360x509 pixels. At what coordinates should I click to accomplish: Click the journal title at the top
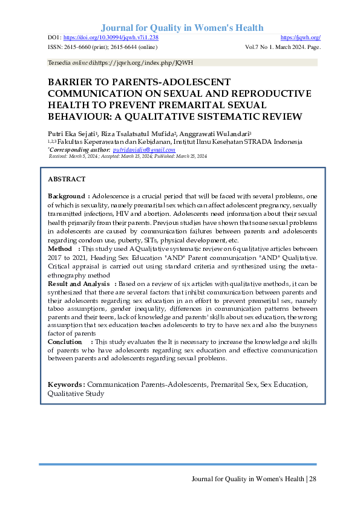[182, 28]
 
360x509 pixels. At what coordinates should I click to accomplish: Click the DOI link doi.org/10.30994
[111, 37]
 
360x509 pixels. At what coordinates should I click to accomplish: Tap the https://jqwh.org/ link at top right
[301, 37]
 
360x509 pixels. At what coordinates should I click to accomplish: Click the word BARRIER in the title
[70, 82]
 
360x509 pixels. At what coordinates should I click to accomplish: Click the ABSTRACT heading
[67, 180]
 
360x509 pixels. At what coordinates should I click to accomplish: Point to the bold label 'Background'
[67, 196]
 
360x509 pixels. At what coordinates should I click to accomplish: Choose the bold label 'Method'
[60, 248]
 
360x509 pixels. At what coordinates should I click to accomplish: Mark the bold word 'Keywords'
[66, 384]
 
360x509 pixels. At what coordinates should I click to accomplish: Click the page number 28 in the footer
[312, 479]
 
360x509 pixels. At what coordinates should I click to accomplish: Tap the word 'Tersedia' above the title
[57, 63]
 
